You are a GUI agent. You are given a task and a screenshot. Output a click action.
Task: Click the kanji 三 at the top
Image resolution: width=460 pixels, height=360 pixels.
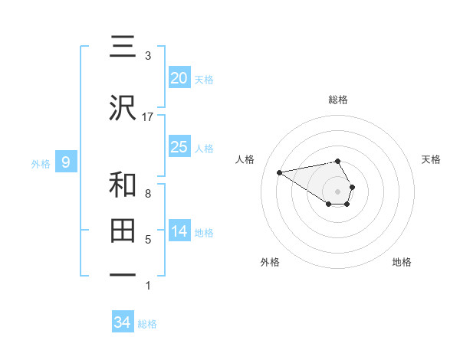[x=123, y=47]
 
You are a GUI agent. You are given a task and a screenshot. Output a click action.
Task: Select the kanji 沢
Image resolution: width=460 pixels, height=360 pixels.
[x=123, y=110]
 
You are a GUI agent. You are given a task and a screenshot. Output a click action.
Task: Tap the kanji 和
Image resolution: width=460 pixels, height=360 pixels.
[x=123, y=185]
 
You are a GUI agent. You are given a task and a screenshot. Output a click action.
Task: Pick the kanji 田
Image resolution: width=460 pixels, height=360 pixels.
[x=123, y=231]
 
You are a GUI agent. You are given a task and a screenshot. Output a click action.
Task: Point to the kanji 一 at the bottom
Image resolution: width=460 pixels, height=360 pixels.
[x=123, y=275]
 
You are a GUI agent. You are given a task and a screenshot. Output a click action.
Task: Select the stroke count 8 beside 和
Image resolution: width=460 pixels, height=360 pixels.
[x=147, y=194]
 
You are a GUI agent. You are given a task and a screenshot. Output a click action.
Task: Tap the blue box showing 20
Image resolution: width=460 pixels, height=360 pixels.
[x=179, y=78]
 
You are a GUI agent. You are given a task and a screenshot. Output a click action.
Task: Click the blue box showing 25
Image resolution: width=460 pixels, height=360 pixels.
[x=179, y=147]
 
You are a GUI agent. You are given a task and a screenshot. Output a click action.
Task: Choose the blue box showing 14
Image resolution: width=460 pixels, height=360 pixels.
[x=179, y=231]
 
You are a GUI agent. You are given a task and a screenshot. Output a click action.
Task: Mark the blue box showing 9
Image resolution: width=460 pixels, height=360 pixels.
[x=66, y=162]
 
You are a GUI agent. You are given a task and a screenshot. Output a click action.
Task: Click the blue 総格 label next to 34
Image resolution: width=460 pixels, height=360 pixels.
[x=147, y=324]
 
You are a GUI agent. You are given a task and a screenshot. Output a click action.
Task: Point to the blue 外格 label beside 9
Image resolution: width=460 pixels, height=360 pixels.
[x=41, y=163]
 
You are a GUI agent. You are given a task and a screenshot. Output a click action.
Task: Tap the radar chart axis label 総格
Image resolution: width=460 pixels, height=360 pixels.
[x=338, y=100]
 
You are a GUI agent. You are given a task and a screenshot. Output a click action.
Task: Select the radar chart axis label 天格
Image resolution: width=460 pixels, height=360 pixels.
[x=432, y=159]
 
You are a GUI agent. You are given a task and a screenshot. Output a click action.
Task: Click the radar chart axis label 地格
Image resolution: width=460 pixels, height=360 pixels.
[x=402, y=262]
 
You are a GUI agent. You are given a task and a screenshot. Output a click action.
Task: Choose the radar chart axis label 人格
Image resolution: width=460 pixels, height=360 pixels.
[x=245, y=159]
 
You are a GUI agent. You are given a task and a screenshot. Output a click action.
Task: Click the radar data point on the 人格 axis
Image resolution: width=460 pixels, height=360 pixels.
[x=280, y=172]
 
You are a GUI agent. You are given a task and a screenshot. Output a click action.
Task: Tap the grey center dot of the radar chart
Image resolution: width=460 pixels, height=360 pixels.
[x=338, y=191]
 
